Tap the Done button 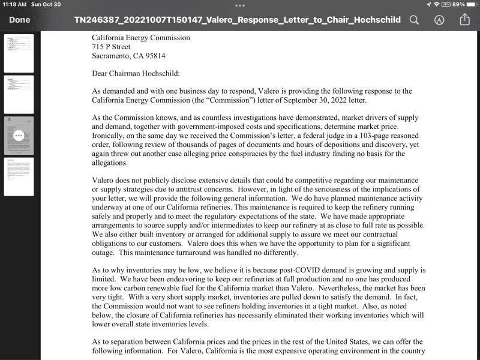point(20,20)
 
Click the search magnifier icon point(414,20)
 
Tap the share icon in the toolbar point(464,20)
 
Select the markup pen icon point(439,20)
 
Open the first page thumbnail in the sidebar point(19,53)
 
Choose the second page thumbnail point(19,94)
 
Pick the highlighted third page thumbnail point(19,136)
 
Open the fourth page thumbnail point(19,176)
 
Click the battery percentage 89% point(458,4)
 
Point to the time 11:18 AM point(14,4)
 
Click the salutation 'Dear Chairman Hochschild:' point(136,74)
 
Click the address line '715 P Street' point(111,47)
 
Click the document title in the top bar point(238,20)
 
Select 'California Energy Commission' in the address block point(141,38)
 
